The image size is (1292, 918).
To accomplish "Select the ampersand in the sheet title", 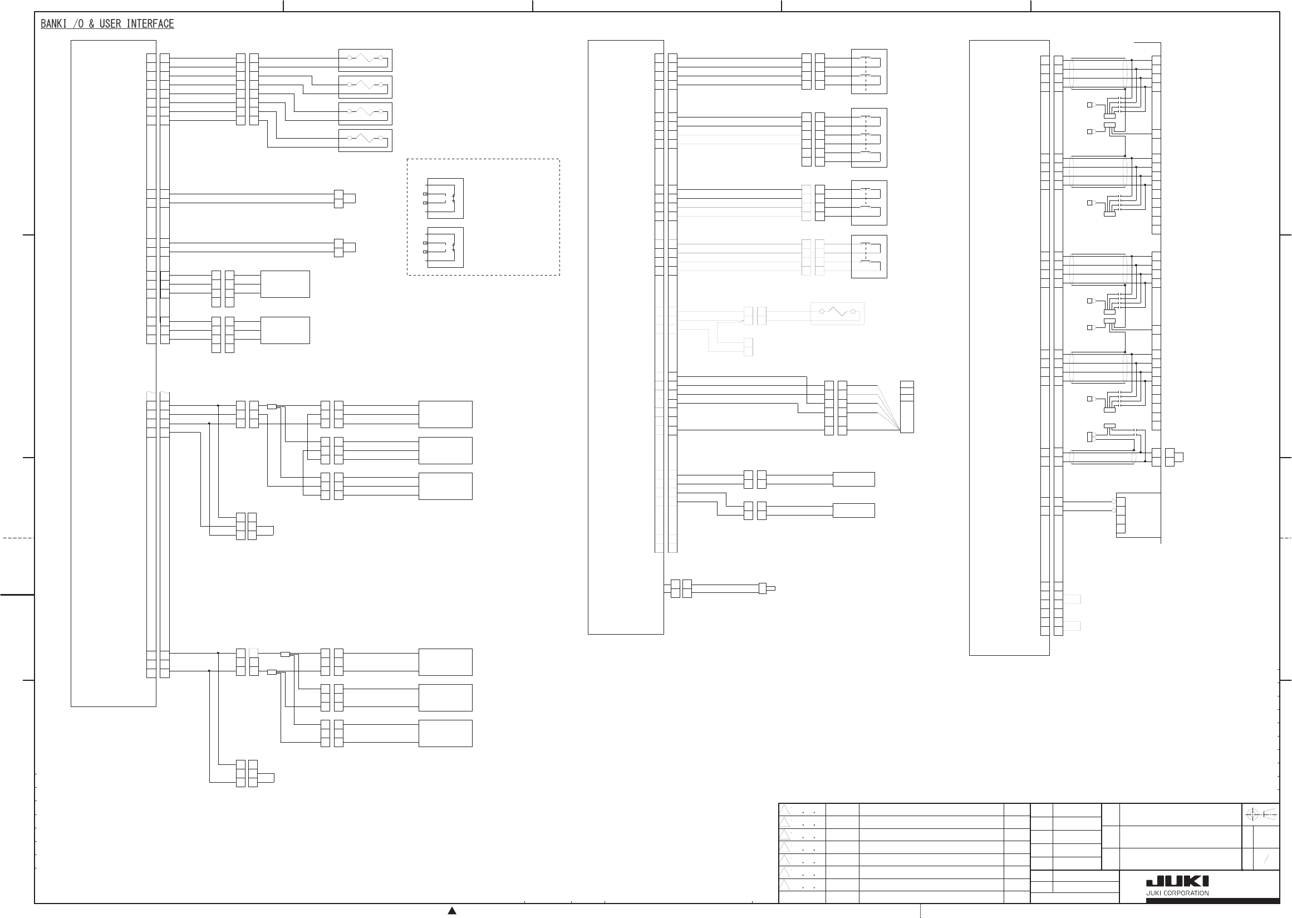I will (x=91, y=24).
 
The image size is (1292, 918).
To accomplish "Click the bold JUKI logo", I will (x=1177, y=882).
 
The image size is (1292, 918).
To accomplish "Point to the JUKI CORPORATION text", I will (x=1177, y=894).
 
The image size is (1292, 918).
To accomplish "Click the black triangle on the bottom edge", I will (x=452, y=911).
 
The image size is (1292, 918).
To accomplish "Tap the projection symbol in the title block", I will (x=1261, y=814).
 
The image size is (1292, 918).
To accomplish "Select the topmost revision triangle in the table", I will (x=784, y=810).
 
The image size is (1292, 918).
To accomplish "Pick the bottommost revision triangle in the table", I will (x=784, y=885).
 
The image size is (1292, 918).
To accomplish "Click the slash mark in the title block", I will (x=1266, y=860).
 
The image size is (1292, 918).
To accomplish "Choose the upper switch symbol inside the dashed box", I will (x=445, y=198).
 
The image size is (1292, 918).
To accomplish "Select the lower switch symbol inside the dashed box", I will (x=445, y=248).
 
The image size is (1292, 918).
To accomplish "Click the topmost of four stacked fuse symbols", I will (x=365, y=60).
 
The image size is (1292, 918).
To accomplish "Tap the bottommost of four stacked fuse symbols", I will (x=365, y=140).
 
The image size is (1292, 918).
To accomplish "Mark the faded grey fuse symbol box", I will (x=837, y=313).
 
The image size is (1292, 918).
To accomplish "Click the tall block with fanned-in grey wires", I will (x=907, y=407).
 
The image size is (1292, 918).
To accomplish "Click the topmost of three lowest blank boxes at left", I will (x=445, y=662).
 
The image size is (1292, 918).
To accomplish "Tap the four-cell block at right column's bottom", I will (x=1121, y=515).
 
